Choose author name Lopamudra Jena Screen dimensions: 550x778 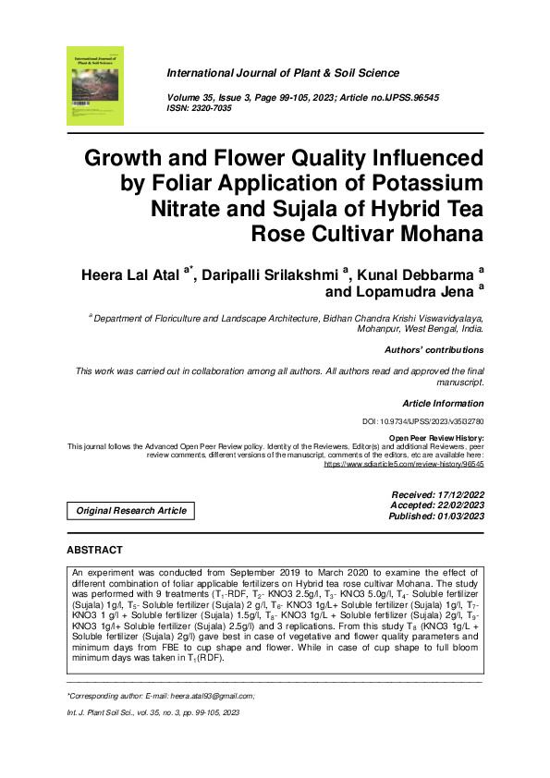point(422,292)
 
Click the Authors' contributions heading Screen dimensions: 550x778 point(434,350)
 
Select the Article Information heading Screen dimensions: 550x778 point(443,404)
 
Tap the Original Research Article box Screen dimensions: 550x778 point(131,510)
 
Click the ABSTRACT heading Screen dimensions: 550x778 point(95,550)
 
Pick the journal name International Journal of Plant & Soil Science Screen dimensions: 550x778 point(282,73)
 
